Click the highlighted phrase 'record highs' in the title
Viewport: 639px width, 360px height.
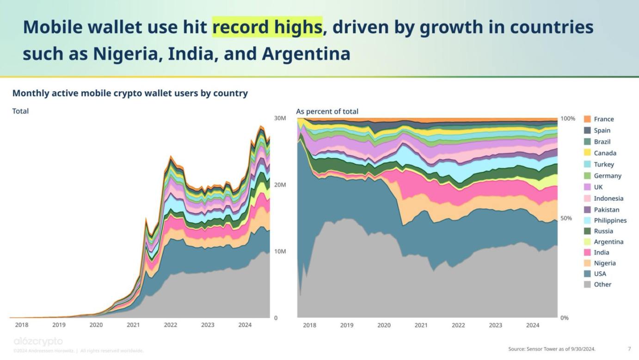pyautogui.click(x=267, y=27)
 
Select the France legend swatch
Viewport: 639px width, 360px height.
pyautogui.click(x=587, y=119)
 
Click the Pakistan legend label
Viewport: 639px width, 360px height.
pyautogui.click(x=606, y=210)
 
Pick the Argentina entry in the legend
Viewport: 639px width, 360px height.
pyautogui.click(x=608, y=242)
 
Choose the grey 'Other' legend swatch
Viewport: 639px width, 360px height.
pyautogui.click(x=587, y=284)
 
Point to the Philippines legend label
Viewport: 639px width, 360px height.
pyautogui.click(x=610, y=220)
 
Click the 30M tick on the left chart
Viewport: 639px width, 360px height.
pyautogui.click(x=280, y=118)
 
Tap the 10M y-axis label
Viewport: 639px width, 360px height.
pyautogui.click(x=280, y=251)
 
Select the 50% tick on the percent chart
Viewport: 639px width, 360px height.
pyautogui.click(x=566, y=218)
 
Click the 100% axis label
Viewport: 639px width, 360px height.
pyautogui.click(x=568, y=118)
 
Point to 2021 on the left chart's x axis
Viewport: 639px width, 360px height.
pyautogui.click(x=133, y=325)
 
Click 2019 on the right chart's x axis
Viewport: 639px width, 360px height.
pyautogui.click(x=347, y=325)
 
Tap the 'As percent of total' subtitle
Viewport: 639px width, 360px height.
pyautogui.click(x=327, y=112)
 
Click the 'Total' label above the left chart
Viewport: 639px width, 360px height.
pyautogui.click(x=20, y=111)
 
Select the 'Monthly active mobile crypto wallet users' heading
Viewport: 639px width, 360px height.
pyautogui.click(x=130, y=93)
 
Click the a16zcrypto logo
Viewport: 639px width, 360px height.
pyautogui.click(x=38, y=341)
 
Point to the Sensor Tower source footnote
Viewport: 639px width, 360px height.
pyautogui.click(x=552, y=348)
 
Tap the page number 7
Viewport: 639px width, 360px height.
pyautogui.click(x=629, y=348)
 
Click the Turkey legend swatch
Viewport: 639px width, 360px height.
pyautogui.click(x=587, y=164)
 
